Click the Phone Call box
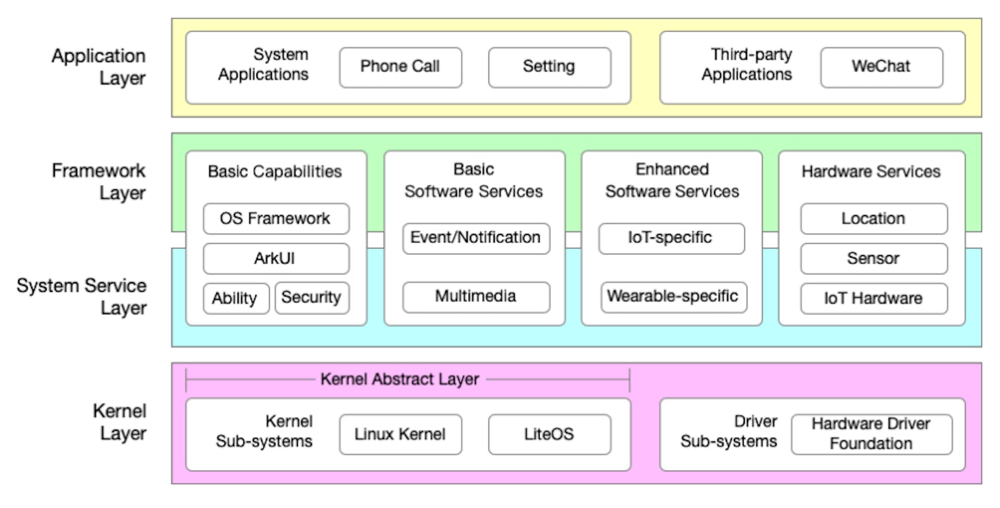click(400, 67)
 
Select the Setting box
click(549, 67)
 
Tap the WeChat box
click(881, 67)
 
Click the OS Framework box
click(276, 219)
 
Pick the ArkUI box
click(276, 259)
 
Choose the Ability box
click(236, 298)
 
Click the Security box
click(311, 298)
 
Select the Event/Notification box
click(476, 238)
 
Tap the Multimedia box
click(476, 297)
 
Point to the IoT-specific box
click(671, 238)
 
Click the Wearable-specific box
click(673, 297)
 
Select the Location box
click(873, 219)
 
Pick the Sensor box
click(873, 259)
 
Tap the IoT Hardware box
click(873, 298)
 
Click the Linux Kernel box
click(400, 434)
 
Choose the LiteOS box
click(549, 434)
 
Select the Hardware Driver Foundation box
click(871, 434)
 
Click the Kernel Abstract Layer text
click(399, 379)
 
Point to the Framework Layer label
click(99, 182)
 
